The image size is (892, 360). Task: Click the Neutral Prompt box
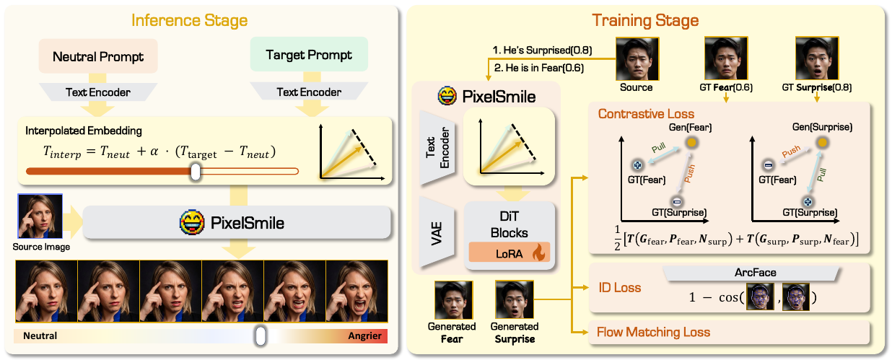(97, 56)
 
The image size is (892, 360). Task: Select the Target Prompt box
(309, 55)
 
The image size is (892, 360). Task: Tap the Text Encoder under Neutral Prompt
(97, 92)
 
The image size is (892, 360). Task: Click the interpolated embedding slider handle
(194, 171)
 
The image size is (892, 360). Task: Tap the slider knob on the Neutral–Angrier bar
(261, 335)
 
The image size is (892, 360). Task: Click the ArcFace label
(751, 273)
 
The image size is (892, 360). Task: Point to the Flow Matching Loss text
(653, 333)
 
